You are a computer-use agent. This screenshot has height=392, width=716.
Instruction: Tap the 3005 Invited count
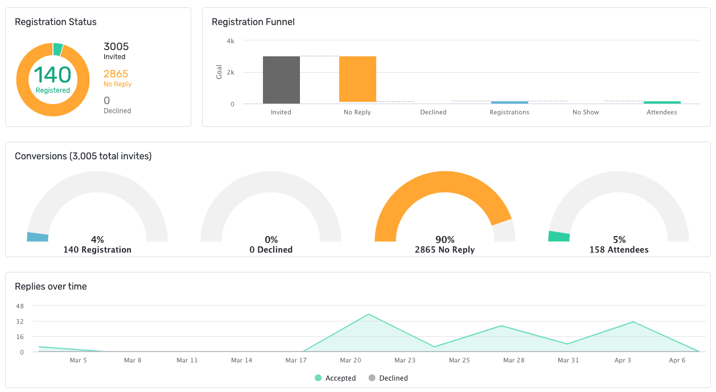(x=116, y=47)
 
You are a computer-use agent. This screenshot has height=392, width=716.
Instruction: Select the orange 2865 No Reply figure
(x=116, y=74)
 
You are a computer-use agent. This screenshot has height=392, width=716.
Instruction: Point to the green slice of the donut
(x=57, y=49)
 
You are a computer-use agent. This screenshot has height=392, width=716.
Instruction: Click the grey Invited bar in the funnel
(x=281, y=80)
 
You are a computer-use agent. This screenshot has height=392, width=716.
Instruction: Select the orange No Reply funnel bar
(x=357, y=79)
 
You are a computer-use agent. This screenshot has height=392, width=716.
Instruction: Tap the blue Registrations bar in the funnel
(x=509, y=102)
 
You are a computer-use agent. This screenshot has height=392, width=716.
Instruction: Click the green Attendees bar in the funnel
(x=662, y=102)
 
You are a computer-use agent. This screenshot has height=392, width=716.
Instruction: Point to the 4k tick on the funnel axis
(x=231, y=41)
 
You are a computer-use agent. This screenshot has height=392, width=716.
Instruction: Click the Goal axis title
(x=220, y=72)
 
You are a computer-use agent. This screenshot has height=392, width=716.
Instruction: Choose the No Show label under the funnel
(x=586, y=112)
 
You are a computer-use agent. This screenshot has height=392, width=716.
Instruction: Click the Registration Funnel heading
(x=253, y=22)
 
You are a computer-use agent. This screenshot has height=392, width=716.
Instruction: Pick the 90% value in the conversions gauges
(x=445, y=240)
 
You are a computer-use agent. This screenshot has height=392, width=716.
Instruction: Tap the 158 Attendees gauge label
(x=619, y=250)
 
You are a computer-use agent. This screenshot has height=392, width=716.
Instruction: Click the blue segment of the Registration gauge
(x=38, y=237)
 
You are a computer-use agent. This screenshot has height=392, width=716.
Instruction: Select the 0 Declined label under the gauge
(x=271, y=250)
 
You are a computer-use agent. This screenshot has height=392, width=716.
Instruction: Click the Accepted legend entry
(x=335, y=378)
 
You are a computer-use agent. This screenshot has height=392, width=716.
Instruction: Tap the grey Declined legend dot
(x=372, y=378)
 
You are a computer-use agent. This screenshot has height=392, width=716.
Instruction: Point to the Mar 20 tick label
(x=350, y=360)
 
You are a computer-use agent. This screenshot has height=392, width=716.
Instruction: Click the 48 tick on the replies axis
(x=20, y=306)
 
